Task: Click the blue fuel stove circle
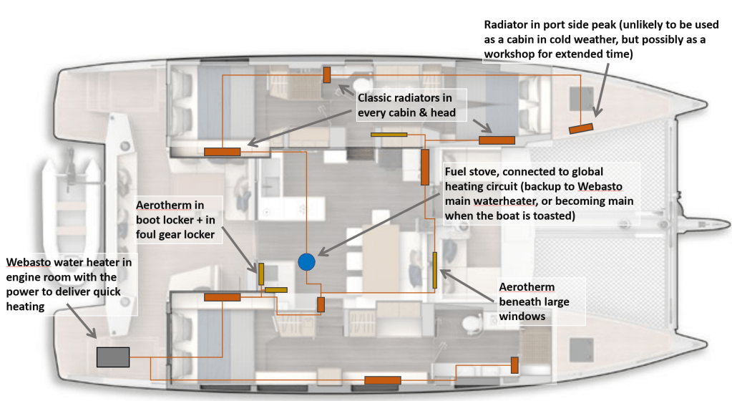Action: (306, 262)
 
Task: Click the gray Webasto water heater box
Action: (113, 356)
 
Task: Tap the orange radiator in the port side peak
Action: (581, 127)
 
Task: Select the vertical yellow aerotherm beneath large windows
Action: (434, 270)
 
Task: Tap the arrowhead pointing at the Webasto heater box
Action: (94, 334)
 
